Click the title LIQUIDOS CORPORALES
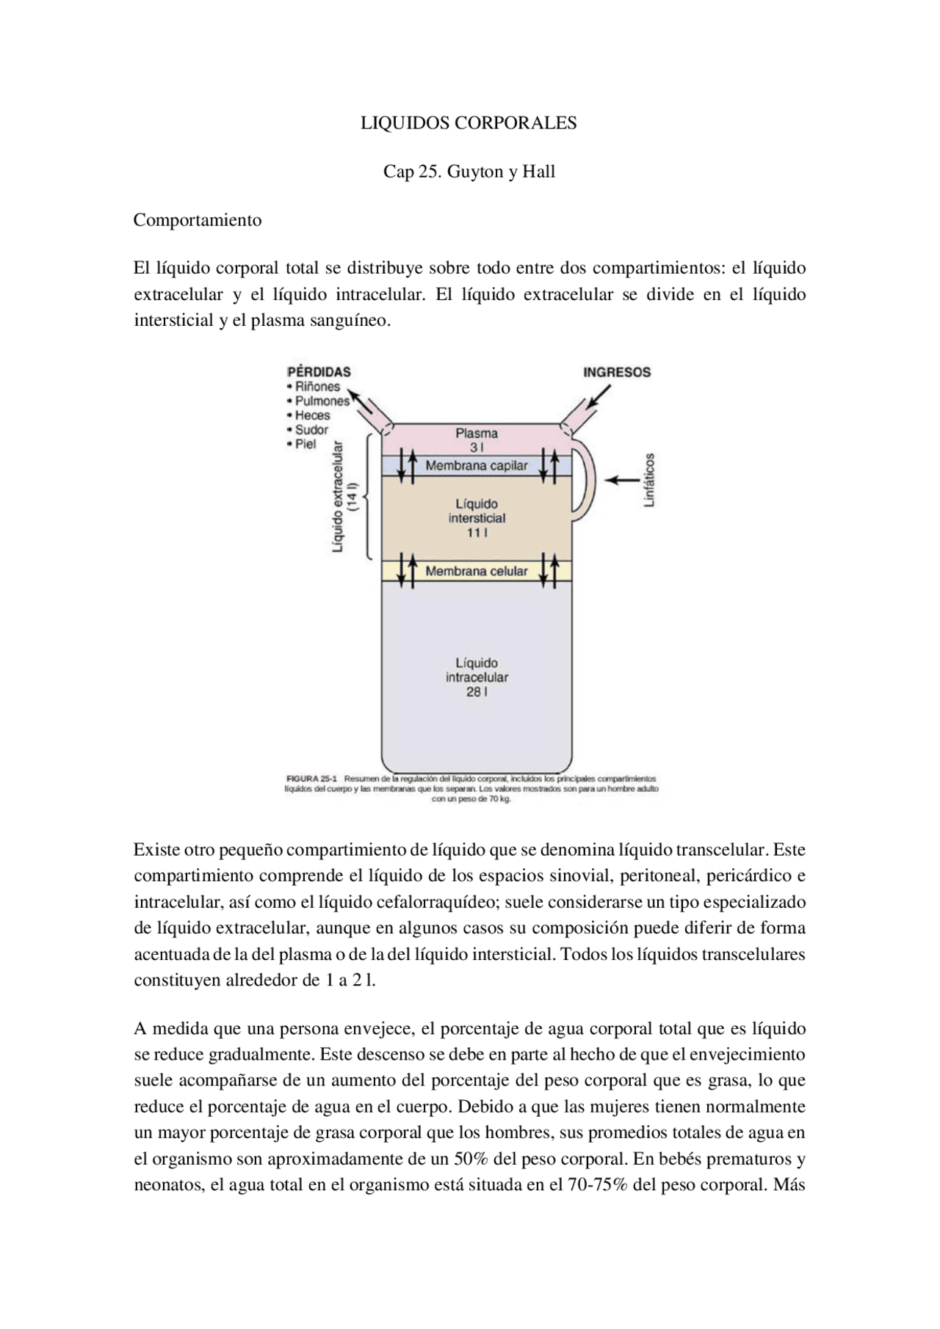coord(469,123)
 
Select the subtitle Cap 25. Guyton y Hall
coord(469,172)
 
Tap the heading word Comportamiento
coord(197,220)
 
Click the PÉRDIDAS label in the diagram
coord(319,372)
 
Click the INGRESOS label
coord(617,372)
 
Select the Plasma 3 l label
coord(476,440)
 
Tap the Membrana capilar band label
coord(476,466)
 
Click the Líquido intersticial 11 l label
coord(477,518)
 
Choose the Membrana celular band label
coord(476,571)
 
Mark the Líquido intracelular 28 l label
coord(477,677)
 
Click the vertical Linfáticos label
coord(649,480)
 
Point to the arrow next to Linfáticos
coord(621,480)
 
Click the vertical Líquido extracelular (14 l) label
coord(344,496)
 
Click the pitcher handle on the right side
coord(585,481)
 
